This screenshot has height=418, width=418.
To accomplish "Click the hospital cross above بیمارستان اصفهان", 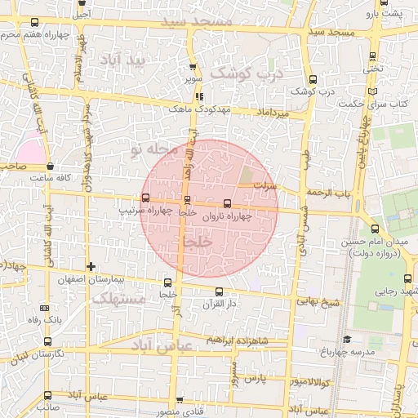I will coord(91,266).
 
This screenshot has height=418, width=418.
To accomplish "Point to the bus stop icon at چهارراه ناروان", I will coord(227,204).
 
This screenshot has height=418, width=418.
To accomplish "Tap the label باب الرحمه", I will coord(327,193).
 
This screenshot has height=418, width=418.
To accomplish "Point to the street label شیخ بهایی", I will coord(318,302).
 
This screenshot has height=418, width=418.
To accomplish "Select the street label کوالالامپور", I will coord(309,381).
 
